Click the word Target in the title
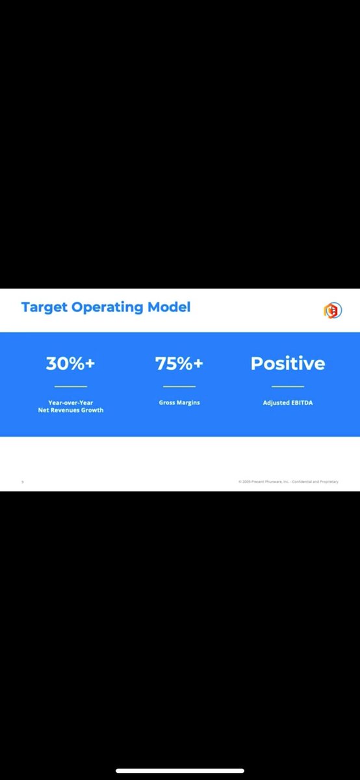point(44,307)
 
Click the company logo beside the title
point(333,310)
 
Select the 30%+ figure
point(70,364)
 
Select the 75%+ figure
point(179,364)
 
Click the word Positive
point(288,364)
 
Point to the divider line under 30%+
point(70,386)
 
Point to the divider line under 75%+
point(179,386)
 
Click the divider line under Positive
point(288,386)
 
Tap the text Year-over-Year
point(70,403)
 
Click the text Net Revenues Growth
point(70,411)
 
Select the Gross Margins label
point(179,403)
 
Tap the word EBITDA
point(302,403)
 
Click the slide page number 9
point(23,482)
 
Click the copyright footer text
point(288,482)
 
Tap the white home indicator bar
point(180,771)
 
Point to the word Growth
point(92,411)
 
